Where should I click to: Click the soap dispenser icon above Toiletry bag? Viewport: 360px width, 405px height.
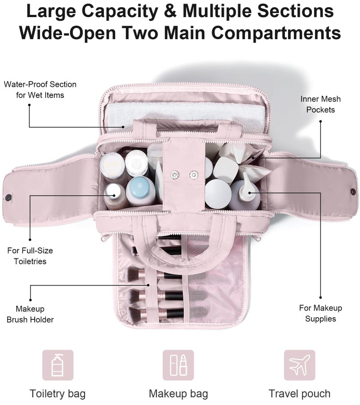58,365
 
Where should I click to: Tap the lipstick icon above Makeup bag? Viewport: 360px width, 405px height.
178,365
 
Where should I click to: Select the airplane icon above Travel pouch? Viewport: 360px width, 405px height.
300,365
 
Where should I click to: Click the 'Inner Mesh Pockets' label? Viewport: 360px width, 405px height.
320,105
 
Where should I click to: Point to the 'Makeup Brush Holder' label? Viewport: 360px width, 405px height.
30,314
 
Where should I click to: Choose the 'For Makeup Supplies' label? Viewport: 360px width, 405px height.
320,313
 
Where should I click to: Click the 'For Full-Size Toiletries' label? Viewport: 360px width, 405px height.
30,256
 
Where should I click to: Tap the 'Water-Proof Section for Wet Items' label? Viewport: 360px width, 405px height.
40,90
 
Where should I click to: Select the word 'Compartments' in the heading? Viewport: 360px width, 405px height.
276,33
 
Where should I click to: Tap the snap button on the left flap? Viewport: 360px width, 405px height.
9,198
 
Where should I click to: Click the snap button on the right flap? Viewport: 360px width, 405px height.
353,191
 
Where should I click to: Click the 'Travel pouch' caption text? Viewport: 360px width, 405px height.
300,394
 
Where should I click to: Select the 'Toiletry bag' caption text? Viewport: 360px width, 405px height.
58,394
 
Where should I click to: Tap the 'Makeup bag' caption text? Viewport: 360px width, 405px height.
178,394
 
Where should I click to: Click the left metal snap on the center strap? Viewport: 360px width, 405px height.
175,175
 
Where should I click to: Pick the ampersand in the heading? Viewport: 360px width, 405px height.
170,11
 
